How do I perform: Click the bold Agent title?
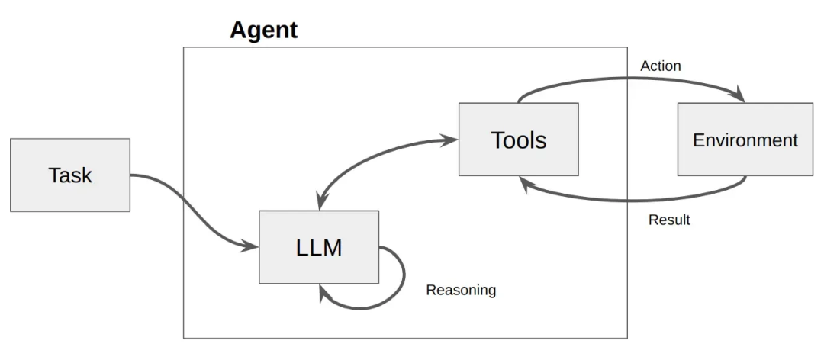263,31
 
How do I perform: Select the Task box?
70,175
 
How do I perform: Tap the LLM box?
319,247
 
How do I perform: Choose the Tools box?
518,140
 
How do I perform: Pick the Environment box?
745,140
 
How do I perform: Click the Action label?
660,66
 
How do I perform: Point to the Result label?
669,220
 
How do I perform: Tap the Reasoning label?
461,290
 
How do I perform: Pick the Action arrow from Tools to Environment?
633,79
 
